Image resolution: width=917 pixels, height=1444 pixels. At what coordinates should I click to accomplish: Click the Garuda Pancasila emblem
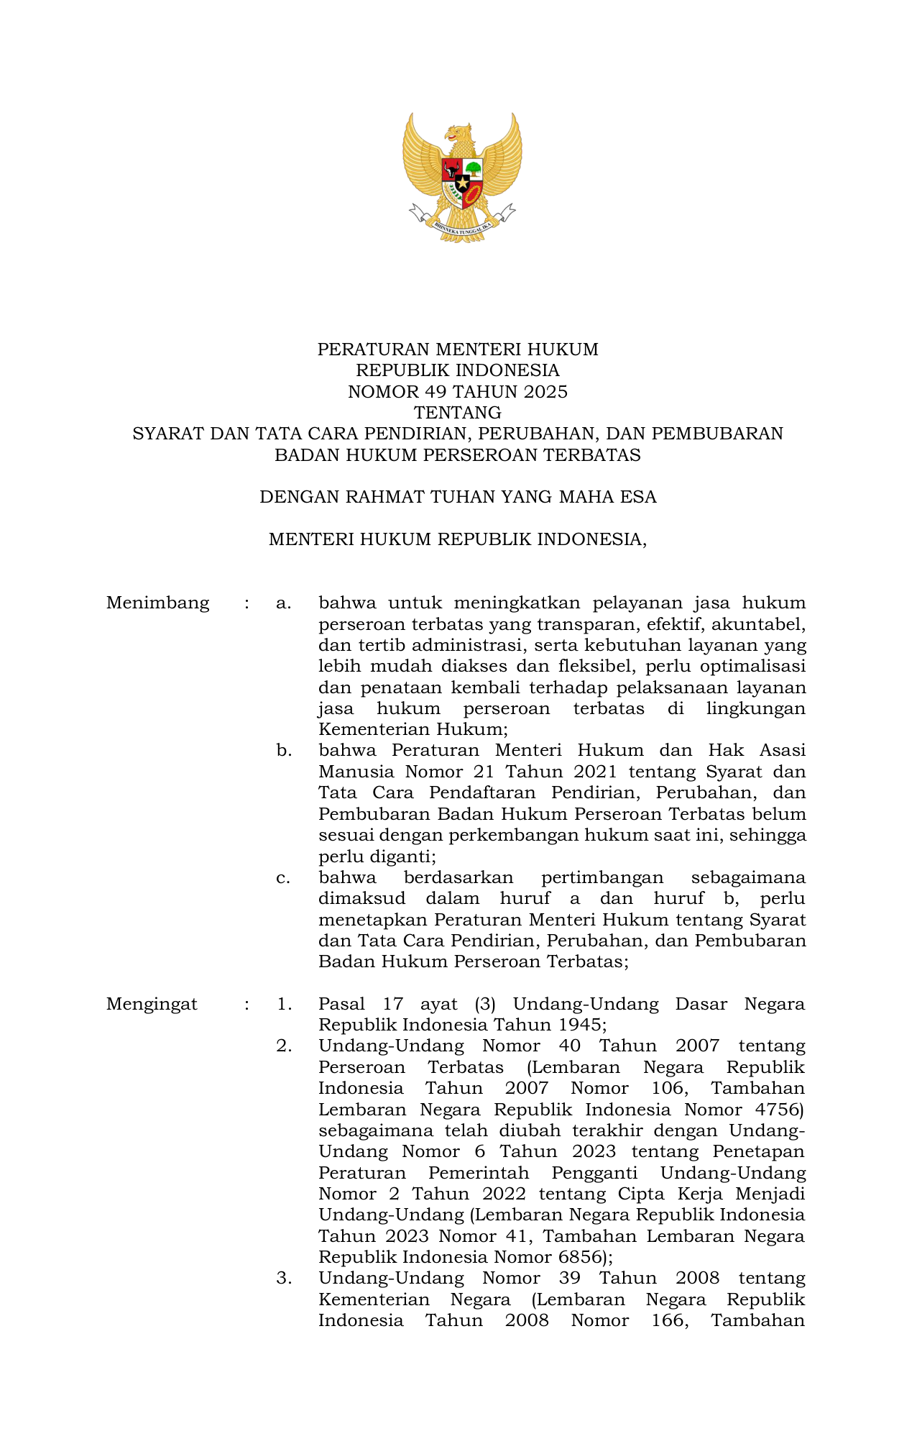461,177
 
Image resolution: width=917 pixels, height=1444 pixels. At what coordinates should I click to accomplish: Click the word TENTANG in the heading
458,413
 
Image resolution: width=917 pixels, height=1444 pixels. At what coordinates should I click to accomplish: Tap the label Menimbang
157,603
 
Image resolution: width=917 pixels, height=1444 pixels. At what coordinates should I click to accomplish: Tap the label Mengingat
152,1004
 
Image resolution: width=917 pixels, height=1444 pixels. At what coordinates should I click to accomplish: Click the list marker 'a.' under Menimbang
283,603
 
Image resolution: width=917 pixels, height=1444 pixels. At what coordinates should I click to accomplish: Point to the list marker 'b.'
284,751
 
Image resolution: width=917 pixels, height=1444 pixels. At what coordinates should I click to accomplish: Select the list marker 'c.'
283,878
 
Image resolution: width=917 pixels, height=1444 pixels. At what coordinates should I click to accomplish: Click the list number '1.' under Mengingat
284,1004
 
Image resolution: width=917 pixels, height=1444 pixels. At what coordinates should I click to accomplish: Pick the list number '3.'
284,1278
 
